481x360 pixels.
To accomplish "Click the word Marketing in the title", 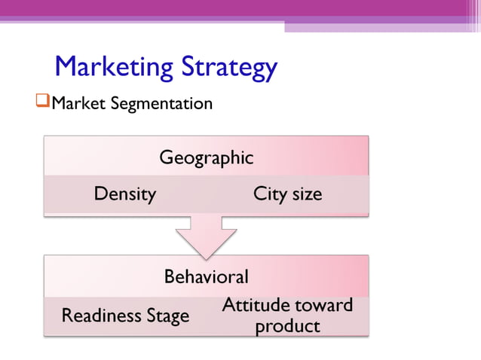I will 113,68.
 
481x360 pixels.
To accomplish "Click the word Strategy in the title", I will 228,68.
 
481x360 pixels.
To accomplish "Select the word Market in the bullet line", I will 78,102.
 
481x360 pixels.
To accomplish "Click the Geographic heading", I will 206,158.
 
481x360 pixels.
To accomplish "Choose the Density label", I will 124,194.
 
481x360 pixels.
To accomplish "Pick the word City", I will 269,194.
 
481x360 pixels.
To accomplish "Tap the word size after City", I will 307,194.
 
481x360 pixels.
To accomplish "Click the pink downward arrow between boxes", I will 206,237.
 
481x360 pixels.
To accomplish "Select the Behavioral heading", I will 206,276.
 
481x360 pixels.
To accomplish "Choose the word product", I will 287,326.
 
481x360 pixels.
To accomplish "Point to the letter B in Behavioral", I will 170,276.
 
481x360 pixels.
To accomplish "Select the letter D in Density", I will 100,194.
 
